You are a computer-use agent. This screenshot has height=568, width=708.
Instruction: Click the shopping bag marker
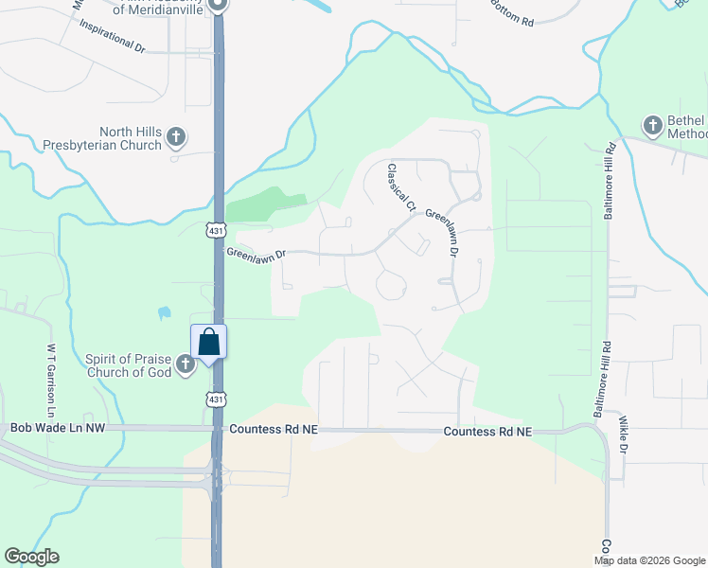[x=208, y=342]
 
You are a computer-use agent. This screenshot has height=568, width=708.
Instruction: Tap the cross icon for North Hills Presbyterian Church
[x=175, y=138]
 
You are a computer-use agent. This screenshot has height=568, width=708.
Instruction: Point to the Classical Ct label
[x=400, y=186]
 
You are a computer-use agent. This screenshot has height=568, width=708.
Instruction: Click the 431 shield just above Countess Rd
[x=217, y=400]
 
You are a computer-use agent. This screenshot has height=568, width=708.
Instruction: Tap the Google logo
[x=31, y=557]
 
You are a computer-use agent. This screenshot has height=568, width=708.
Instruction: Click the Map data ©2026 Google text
[x=650, y=560]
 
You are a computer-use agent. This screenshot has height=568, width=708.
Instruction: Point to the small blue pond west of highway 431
[x=164, y=311]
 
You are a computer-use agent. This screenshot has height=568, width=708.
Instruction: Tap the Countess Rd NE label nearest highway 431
[x=273, y=430]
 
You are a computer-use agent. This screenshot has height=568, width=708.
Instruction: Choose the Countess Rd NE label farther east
[x=488, y=432]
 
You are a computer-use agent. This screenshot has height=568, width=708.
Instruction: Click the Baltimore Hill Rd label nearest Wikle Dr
[x=598, y=384]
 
